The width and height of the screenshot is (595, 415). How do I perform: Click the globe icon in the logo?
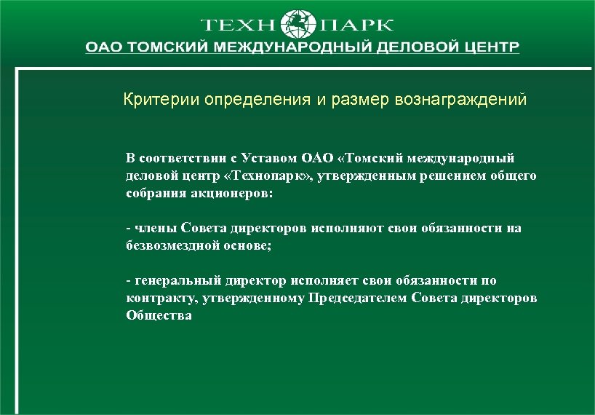click(298, 23)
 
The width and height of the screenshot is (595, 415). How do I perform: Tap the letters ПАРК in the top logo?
click(356, 24)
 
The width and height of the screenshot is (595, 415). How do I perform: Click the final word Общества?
click(159, 316)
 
